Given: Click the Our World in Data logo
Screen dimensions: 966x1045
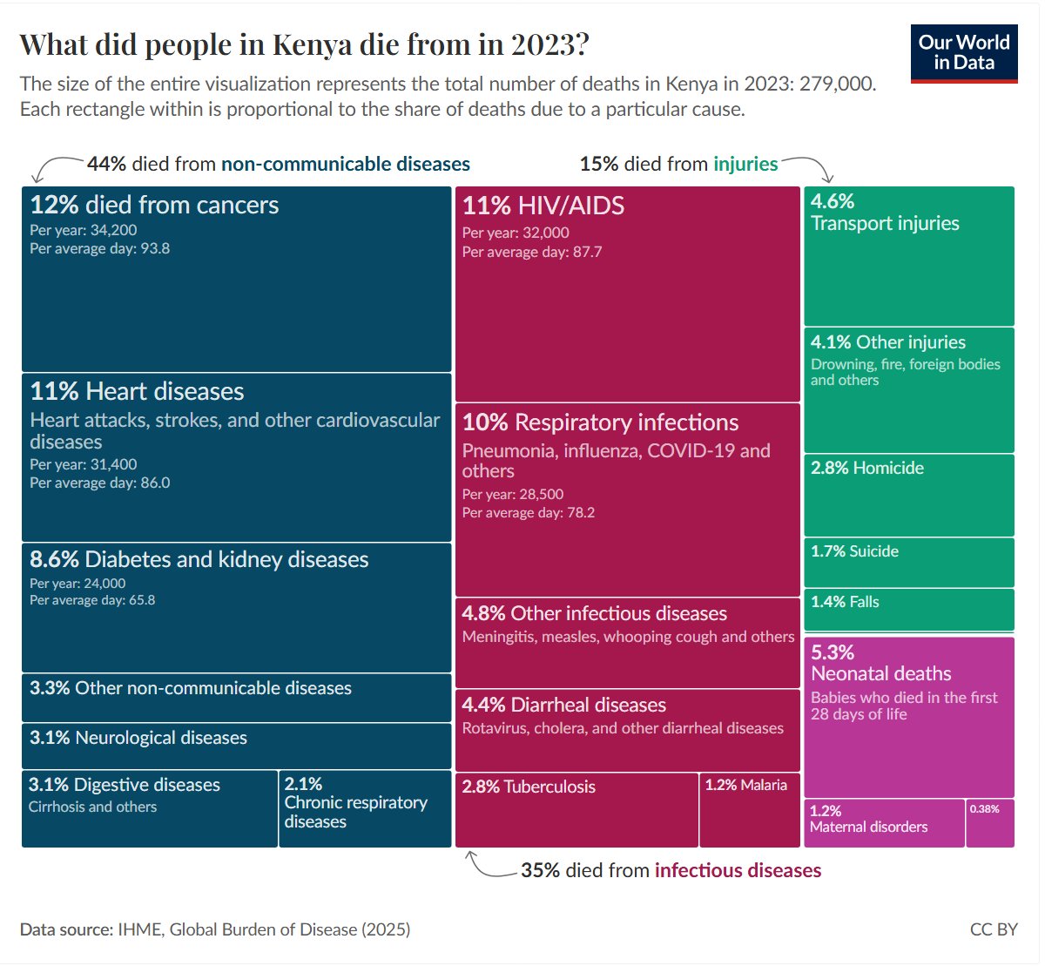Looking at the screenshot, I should (x=963, y=53).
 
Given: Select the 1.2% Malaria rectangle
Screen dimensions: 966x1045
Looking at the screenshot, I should (x=750, y=810).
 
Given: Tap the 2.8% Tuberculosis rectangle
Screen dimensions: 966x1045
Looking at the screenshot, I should (x=576, y=810).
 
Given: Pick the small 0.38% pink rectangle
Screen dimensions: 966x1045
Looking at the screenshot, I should (x=990, y=823).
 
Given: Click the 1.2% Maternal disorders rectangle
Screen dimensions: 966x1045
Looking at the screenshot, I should (x=884, y=823).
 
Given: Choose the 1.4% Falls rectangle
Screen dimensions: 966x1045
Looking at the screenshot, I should (x=909, y=610).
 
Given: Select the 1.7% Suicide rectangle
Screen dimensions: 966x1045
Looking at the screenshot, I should (x=909, y=563).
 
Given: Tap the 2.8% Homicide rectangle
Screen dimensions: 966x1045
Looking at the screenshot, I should (x=909, y=495).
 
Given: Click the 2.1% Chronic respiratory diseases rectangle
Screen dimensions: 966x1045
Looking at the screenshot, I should (x=365, y=808).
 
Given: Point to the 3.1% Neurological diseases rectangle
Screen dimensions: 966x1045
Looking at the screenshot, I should (x=236, y=746).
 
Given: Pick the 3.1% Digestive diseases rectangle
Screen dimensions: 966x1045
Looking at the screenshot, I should (x=150, y=808).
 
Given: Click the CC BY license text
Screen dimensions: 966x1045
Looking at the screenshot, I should (x=993, y=929).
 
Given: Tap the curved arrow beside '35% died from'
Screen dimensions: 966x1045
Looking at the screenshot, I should (x=487, y=865).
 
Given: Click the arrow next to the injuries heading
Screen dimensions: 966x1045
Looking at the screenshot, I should (x=808, y=166).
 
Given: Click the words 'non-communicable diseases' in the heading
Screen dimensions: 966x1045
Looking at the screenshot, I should (x=345, y=164).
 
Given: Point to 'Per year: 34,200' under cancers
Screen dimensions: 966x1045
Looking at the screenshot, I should (x=84, y=230).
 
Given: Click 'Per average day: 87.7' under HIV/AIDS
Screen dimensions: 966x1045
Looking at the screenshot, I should (x=531, y=252).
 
